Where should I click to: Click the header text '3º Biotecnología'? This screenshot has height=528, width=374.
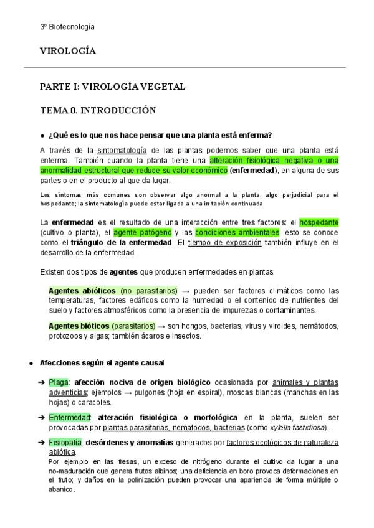click(67, 27)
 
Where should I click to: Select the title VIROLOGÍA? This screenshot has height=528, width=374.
click(68, 51)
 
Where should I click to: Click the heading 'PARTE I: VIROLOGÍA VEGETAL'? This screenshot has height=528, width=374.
click(112, 87)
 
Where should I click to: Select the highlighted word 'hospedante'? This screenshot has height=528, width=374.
click(319, 222)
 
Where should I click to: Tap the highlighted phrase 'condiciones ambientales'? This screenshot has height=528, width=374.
click(237, 232)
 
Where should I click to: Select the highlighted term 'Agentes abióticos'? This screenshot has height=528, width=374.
click(82, 291)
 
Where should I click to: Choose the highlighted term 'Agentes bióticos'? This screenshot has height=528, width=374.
click(80, 326)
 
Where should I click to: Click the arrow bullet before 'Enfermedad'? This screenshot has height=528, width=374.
click(42, 417)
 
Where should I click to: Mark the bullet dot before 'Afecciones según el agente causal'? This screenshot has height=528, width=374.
click(31, 363)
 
